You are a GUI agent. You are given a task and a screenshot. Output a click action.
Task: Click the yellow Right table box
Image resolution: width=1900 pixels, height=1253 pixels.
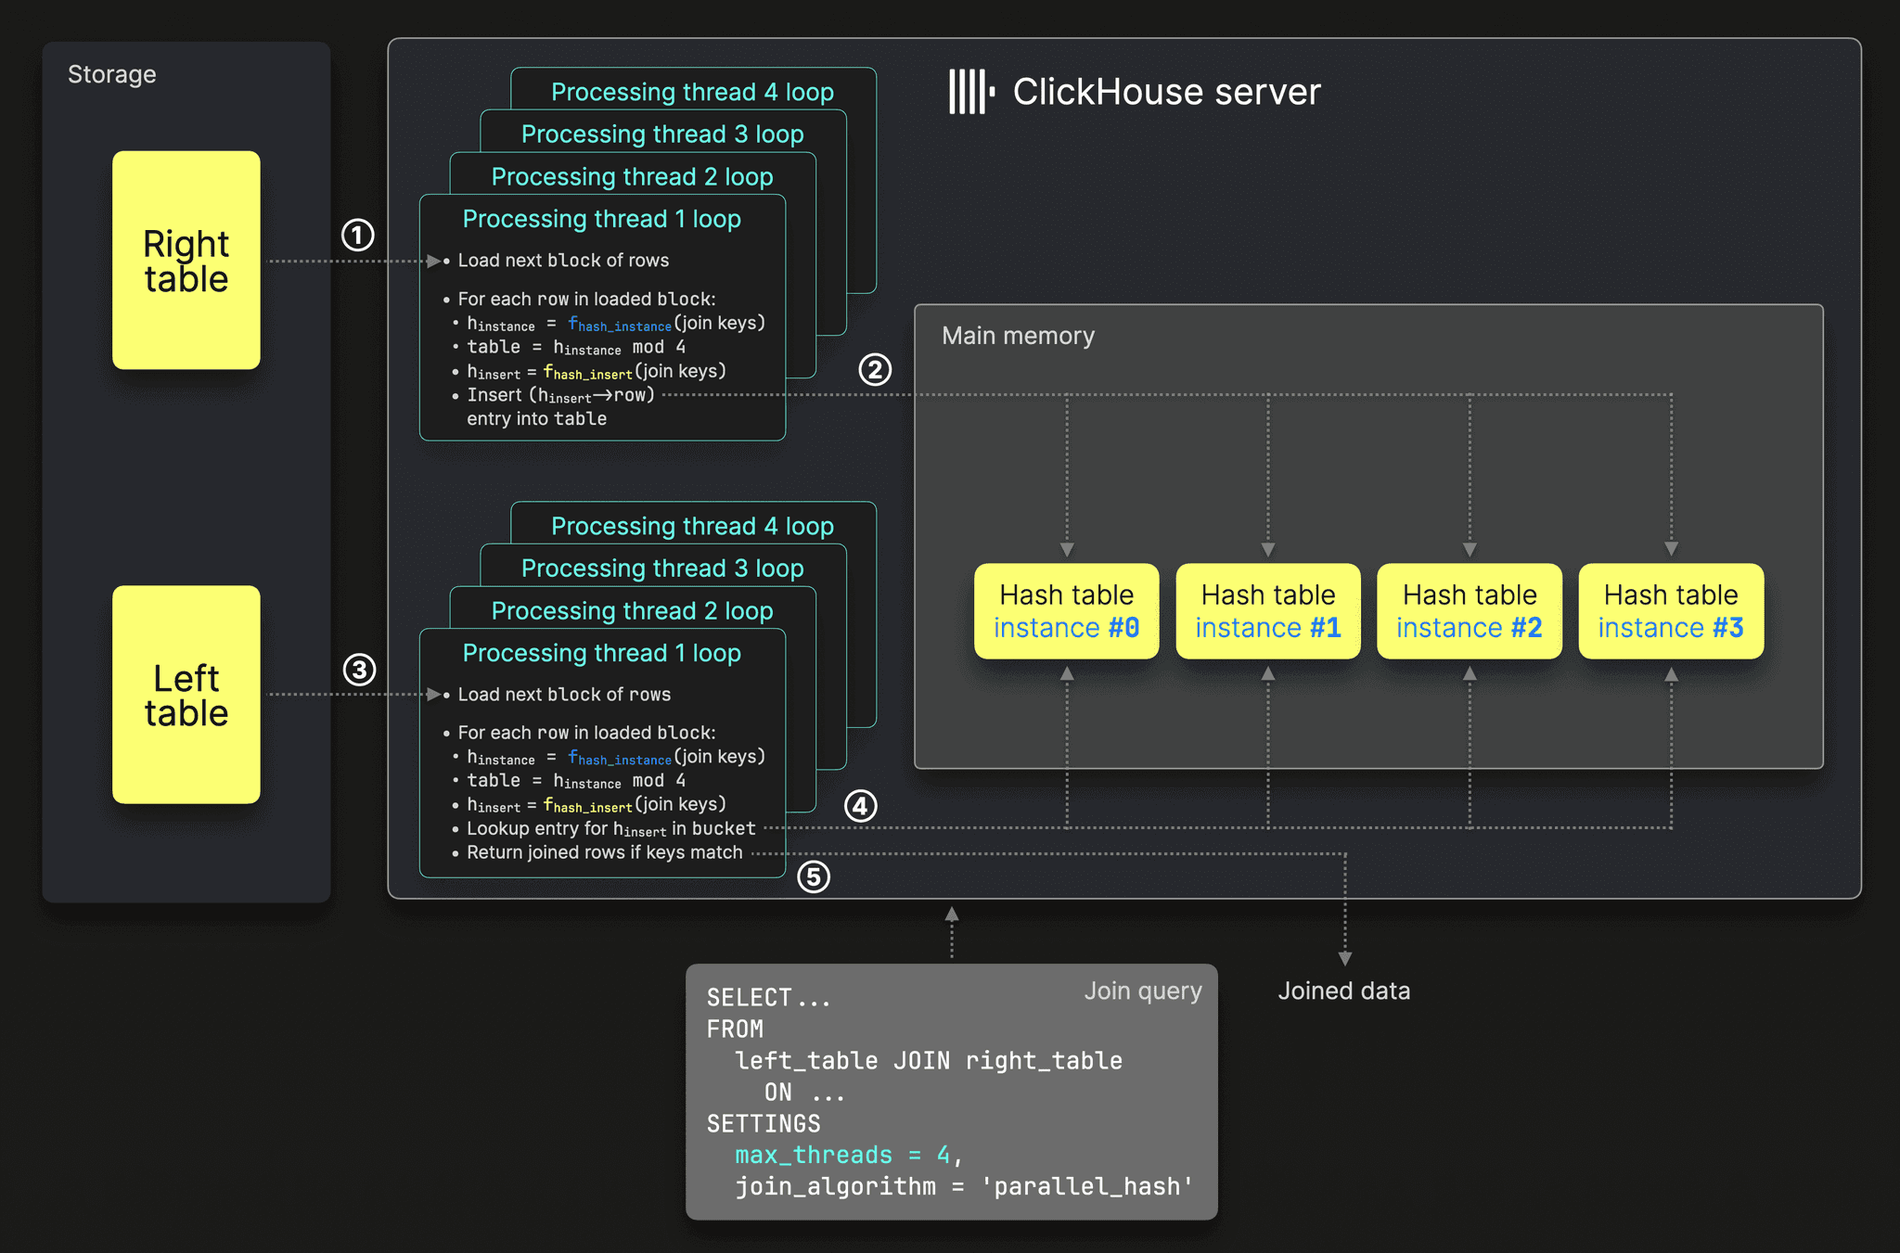(186, 260)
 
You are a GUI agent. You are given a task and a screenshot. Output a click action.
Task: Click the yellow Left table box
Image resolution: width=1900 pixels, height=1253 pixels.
(186, 695)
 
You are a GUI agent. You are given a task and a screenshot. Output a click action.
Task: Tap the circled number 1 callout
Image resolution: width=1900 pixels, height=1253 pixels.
(358, 235)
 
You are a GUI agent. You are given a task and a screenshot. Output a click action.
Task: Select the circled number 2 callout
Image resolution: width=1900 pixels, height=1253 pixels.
(875, 369)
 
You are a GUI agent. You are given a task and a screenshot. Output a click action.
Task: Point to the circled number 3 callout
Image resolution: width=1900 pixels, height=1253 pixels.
(359, 670)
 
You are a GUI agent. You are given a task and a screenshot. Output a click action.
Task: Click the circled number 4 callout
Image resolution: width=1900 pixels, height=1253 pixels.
(861, 805)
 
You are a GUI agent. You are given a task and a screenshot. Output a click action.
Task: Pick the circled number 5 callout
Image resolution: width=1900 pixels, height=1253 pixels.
(814, 876)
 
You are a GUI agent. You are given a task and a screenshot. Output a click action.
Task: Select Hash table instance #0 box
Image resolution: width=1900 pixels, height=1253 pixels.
(1067, 611)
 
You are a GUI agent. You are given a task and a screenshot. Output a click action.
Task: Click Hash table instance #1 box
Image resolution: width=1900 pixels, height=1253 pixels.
(1268, 611)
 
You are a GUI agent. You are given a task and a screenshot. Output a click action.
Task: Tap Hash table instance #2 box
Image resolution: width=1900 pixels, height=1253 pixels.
(1470, 611)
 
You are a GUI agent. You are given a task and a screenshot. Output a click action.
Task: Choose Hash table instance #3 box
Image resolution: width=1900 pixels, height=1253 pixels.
(1671, 611)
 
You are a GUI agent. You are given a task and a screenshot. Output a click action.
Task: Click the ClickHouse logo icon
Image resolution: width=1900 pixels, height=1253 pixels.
(971, 92)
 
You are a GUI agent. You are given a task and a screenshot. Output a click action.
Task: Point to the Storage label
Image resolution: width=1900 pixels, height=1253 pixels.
(112, 74)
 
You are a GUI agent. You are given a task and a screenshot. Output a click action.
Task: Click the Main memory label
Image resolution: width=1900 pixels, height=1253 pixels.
(1018, 336)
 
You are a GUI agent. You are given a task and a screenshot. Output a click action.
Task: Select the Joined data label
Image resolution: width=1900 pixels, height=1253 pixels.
(1344, 991)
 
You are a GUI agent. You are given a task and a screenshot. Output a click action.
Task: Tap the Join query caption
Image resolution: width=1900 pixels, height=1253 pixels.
(1143, 991)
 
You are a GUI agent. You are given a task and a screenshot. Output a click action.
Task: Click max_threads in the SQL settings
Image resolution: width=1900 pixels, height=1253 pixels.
(814, 1155)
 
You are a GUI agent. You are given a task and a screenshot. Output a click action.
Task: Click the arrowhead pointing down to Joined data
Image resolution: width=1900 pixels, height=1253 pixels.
(1345, 958)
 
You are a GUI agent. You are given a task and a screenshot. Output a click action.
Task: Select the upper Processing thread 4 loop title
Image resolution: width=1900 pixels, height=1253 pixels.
(692, 92)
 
